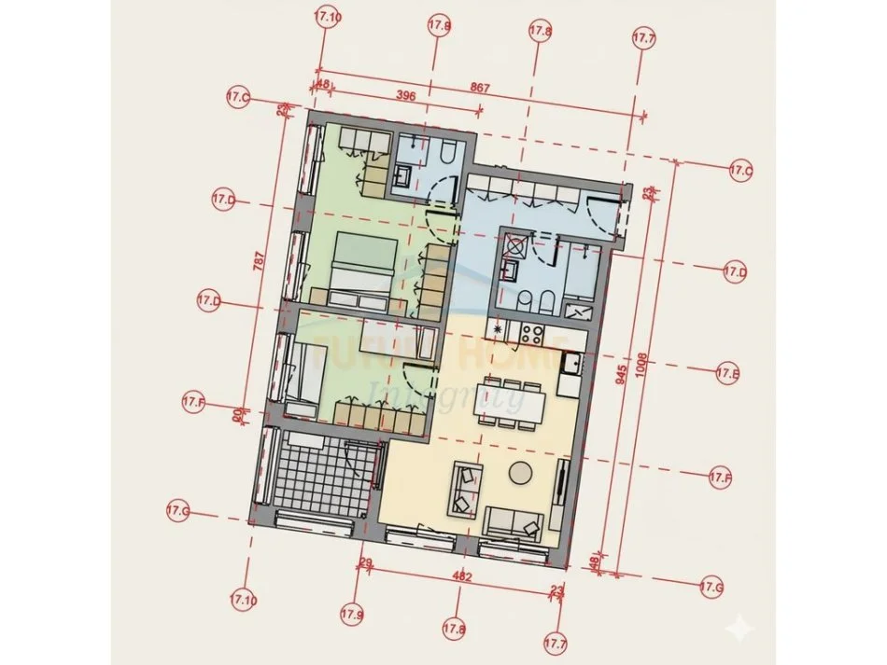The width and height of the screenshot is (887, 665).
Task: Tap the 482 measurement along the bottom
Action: [x=462, y=577]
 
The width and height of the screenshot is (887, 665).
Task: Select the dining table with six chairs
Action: [x=510, y=402]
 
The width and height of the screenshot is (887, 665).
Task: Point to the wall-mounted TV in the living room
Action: [x=562, y=484]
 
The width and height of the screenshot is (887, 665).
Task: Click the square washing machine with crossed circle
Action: [x=514, y=247]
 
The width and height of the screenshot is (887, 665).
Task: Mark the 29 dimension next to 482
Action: [x=365, y=562]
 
